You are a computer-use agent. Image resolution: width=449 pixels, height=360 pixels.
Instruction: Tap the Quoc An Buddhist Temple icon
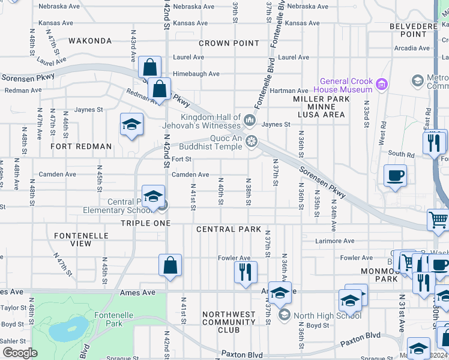(252, 142)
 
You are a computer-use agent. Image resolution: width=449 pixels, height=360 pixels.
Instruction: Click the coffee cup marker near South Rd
(395, 176)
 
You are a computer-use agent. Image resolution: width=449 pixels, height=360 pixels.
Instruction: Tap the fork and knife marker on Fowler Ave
(245, 272)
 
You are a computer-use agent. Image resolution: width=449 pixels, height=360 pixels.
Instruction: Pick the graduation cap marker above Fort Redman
(131, 125)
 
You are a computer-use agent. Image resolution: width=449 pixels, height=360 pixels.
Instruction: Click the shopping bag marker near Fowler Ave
(170, 265)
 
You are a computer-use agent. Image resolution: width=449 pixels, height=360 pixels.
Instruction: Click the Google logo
(20, 353)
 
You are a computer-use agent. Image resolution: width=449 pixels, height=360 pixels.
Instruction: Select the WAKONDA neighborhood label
(90, 41)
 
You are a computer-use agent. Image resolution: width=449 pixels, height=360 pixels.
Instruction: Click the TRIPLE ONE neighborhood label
(146, 223)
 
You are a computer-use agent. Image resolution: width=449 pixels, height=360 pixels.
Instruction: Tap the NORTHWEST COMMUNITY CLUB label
(229, 322)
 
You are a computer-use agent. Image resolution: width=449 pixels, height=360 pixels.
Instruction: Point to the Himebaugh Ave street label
(196, 74)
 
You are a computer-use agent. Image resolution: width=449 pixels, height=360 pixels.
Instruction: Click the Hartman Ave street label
(286, 90)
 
